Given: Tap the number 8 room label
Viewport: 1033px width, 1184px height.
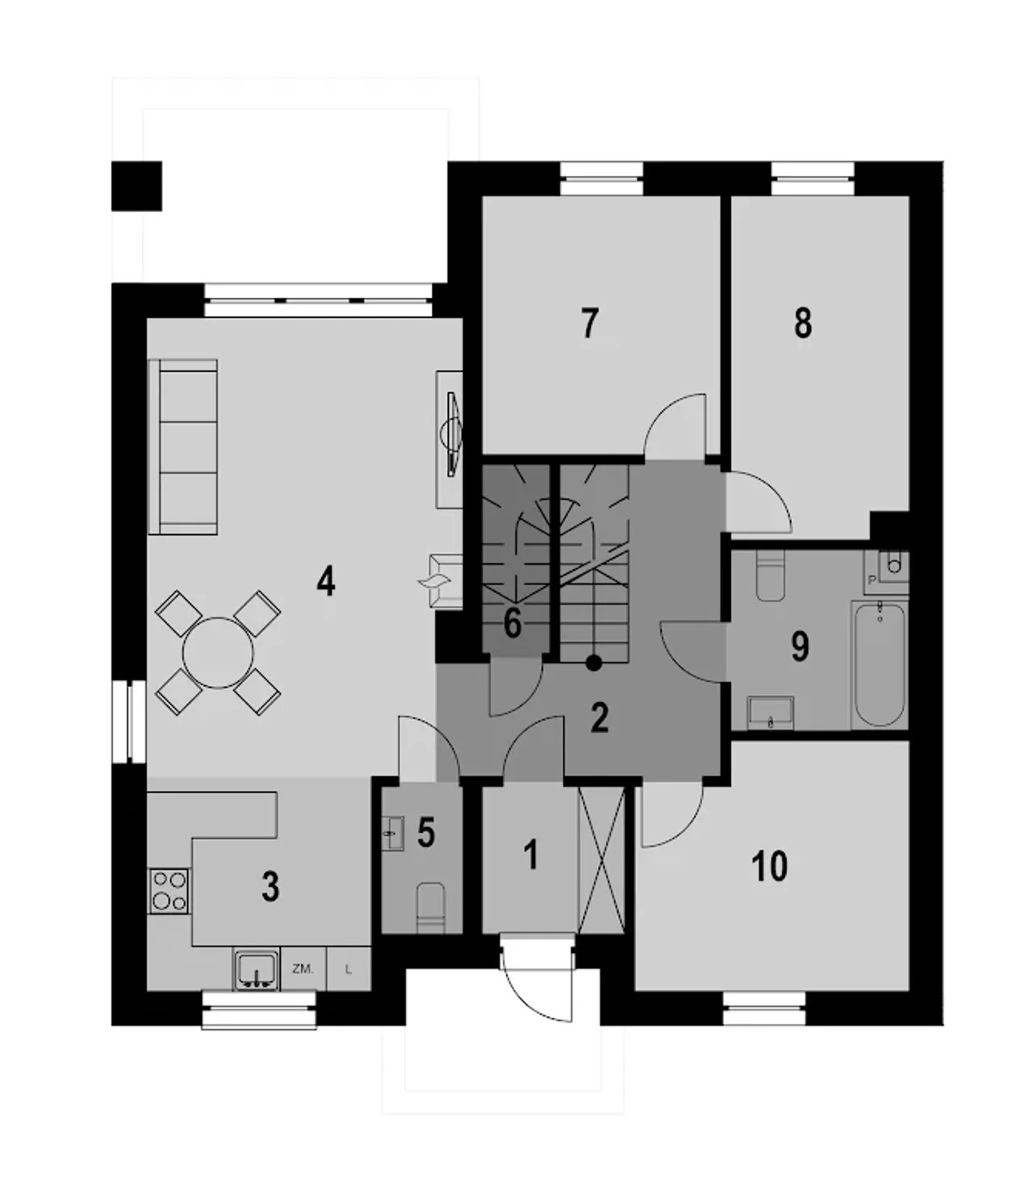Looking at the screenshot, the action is [x=803, y=324].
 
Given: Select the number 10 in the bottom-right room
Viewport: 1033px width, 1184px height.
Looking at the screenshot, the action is [x=769, y=866].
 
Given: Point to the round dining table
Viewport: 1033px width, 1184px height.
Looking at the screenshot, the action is [x=218, y=653].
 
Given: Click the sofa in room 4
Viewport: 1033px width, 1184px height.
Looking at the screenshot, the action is [x=183, y=447].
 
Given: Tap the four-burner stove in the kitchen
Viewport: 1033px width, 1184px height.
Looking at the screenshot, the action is [x=169, y=891].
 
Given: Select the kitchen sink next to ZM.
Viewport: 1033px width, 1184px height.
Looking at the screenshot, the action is [x=256, y=969].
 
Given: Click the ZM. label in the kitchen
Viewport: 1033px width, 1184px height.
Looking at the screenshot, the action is [x=303, y=969].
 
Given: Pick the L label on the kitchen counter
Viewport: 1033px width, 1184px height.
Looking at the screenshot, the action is [x=348, y=969].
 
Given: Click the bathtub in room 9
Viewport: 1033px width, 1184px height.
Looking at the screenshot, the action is [x=879, y=664].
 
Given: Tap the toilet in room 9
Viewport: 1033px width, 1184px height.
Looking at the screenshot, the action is [x=770, y=574].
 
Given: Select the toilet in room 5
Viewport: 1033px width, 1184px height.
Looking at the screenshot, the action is [x=431, y=908].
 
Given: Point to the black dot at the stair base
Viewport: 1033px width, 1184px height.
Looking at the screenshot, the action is [x=593, y=663].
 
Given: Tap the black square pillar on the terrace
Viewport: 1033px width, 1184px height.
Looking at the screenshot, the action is [x=136, y=186].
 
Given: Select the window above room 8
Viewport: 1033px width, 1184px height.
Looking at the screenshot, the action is [x=813, y=178].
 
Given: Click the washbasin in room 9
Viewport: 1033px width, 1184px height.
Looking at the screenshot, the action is [x=770, y=713].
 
